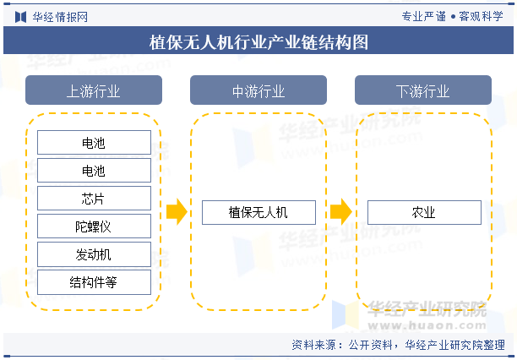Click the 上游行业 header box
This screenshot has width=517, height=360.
[94, 90]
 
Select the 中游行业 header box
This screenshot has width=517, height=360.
[258, 90]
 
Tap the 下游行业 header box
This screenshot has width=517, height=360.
[423, 90]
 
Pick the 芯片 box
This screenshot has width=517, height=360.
[94, 199]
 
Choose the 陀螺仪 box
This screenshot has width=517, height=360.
[94, 226]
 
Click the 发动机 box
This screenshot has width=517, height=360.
[94, 254]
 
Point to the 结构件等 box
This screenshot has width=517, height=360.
[94, 282]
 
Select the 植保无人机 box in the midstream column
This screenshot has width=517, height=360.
[258, 212]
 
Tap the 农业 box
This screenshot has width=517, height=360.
[424, 212]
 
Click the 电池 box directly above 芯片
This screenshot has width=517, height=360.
[94, 170]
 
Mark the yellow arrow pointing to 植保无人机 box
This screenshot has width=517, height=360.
[177, 212]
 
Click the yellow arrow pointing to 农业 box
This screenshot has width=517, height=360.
[341, 212]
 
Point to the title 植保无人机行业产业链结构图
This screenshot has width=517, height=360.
[258, 42]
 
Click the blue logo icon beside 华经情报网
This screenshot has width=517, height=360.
[21, 17]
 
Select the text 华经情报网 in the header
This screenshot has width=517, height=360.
[60, 17]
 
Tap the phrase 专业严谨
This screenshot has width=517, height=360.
[424, 16]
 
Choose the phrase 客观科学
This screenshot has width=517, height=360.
[481, 16]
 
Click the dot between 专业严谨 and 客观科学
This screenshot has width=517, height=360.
[453, 17]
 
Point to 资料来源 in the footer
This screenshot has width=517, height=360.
[314, 345]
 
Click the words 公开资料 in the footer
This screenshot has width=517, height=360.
[371, 345]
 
